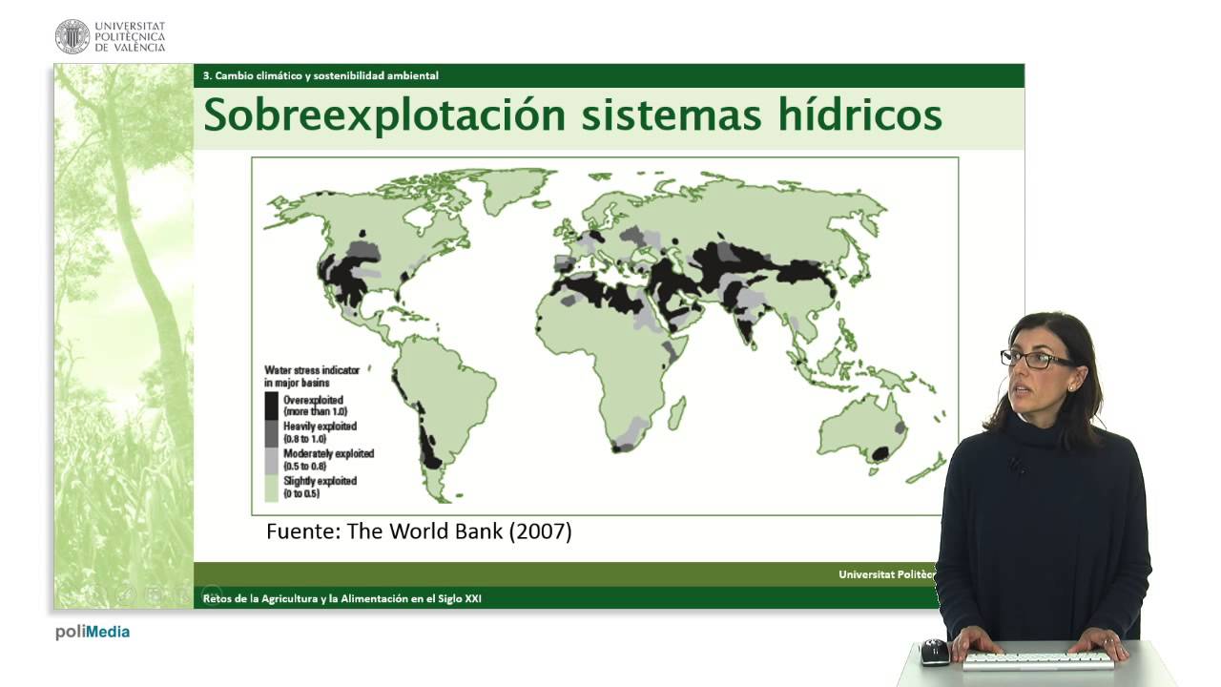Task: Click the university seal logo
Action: pyautogui.click(x=72, y=36)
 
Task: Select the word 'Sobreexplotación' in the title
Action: pyautogui.click(x=384, y=115)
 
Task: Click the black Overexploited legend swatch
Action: pyautogui.click(x=272, y=406)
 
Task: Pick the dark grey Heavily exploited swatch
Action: pyautogui.click(x=272, y=433)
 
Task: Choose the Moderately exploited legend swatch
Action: pyautogui.click(x=272, y=461)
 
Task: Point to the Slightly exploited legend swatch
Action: pyautogui.click(x=272, y=488)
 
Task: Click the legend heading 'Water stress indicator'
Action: pyautogui.click(x=312, y=370)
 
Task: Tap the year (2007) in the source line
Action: pyautogui.click(x=540, y=531)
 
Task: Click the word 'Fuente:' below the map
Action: pyautogui.click(x=303, y=531)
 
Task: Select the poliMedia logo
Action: pyautogui.click(x=93, y=633)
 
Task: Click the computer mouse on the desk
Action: pyautogui.click(x=934, y=652)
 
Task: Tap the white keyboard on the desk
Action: pyautogui.click(x=1039, y=661)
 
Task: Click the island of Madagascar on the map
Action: pyautogui.click(x=676, y=413)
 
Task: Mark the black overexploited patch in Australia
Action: pyautogui.click(x=880, y=453)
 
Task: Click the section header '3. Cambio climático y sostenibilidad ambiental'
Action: pyautogui.click(x=321, y=75)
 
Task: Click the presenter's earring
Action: pyautogui.click(x=1071, y=387)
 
